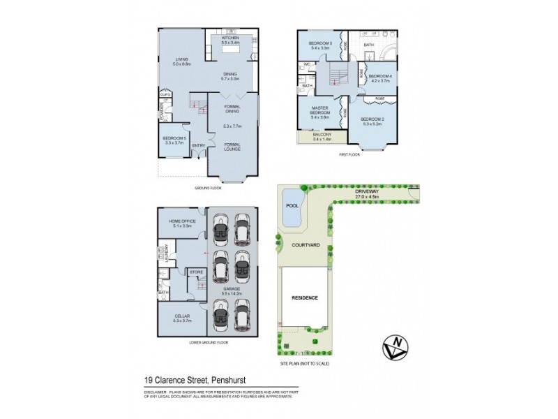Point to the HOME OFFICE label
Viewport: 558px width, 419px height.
tap(182, 223)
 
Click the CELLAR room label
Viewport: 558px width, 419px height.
tap(182, 318)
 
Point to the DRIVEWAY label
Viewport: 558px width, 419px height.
tap(366, 191)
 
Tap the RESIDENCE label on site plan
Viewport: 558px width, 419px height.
tap(305, 297)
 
